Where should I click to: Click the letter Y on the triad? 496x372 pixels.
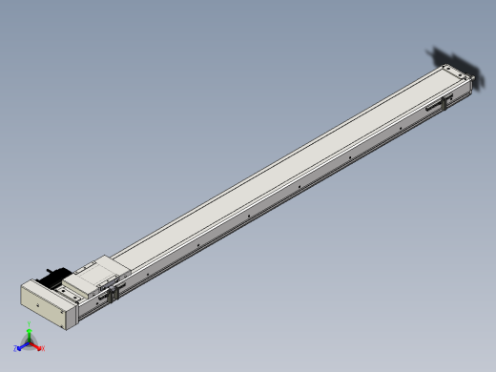[31, 326]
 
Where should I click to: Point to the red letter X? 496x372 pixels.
[43, 348]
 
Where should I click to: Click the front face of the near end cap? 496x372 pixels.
[43, 305]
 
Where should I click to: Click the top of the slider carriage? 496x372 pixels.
[93, 276]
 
